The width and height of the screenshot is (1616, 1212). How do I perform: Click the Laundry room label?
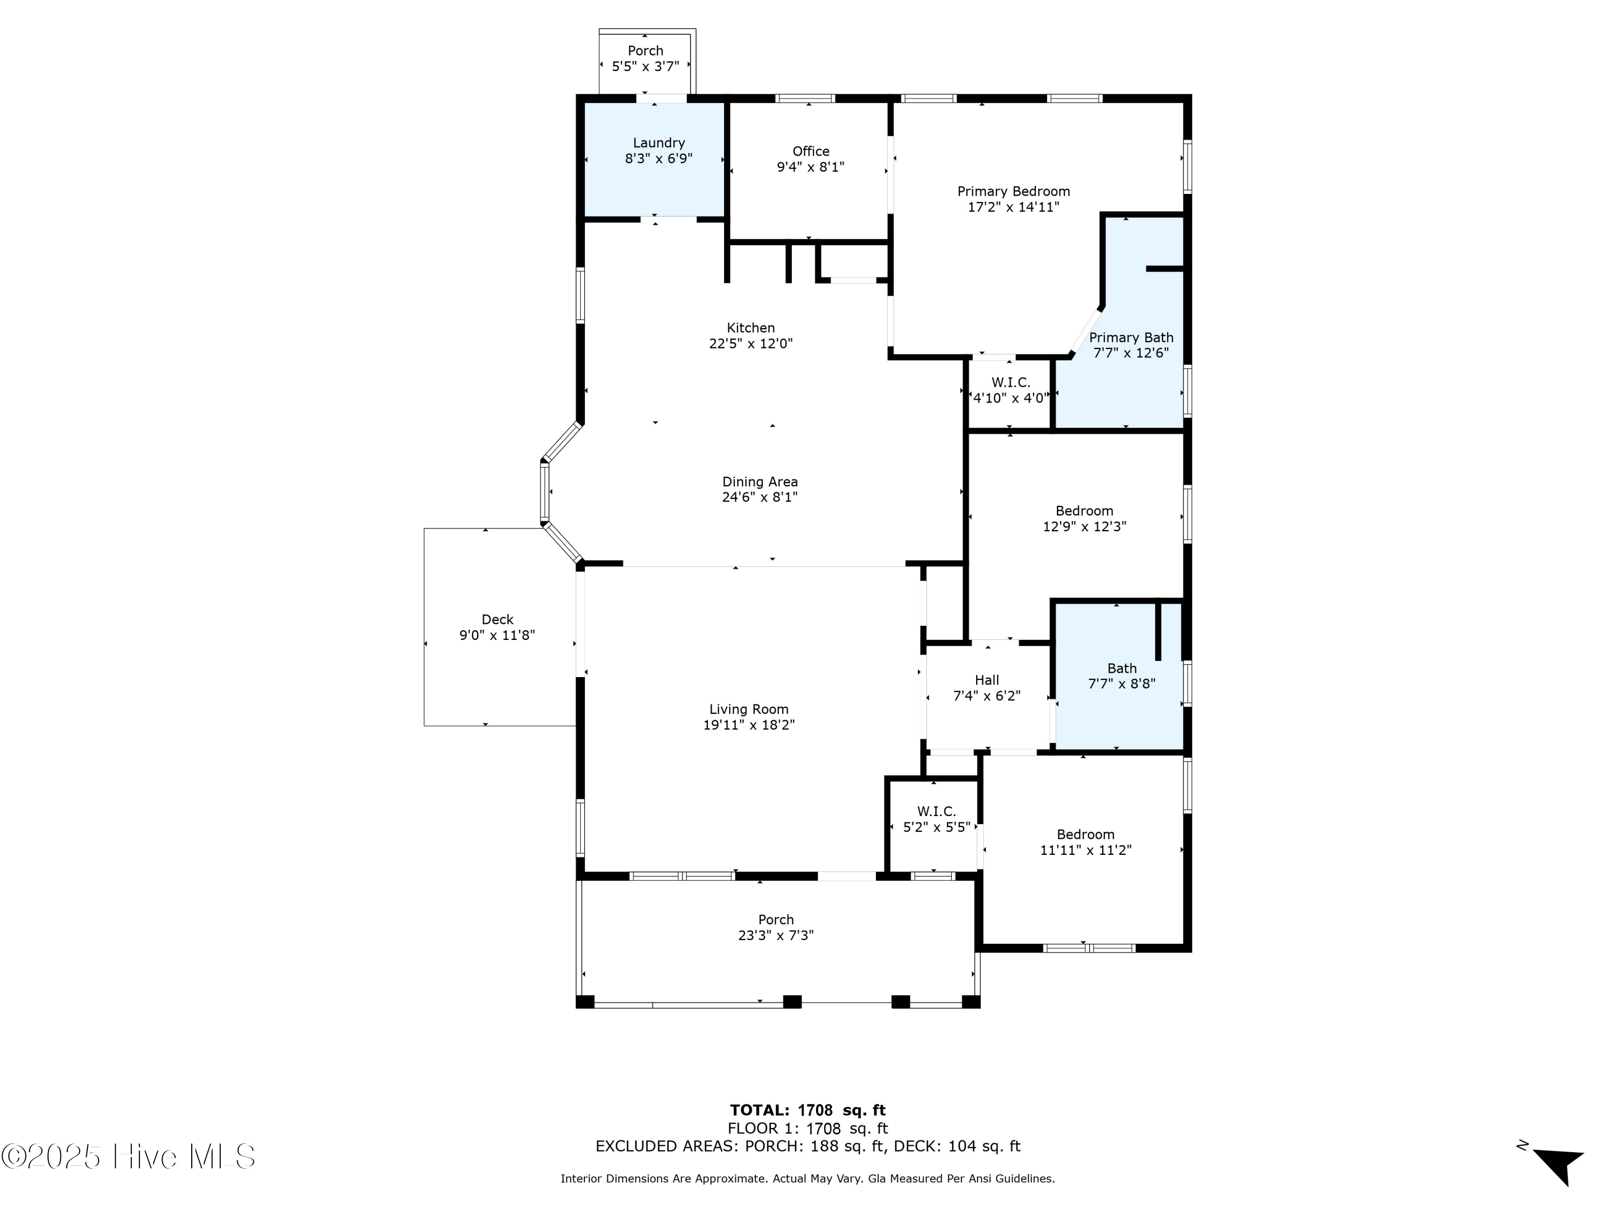(x=658, y=143)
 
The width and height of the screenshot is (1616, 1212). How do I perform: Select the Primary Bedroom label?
(x=1013, y=191)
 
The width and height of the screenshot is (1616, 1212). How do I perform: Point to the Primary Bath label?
(x=1131, y=338)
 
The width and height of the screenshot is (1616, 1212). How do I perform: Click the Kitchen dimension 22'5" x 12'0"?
(x=750, y=343)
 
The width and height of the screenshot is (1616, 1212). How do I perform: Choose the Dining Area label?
(x=760, y=482)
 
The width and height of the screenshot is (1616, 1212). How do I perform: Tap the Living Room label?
(x=749, y=709)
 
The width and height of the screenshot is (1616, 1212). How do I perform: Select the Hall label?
(x=986, y=680)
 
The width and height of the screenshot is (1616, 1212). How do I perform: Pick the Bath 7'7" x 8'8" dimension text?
(x=1122, y=684)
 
